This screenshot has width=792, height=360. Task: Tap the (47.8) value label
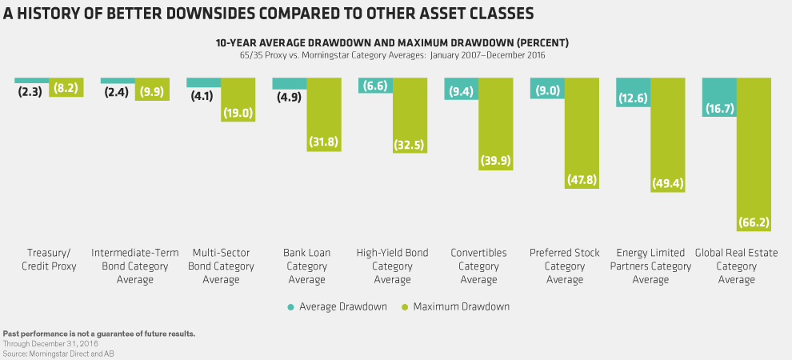coord(582,180)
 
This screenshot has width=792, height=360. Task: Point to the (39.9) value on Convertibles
coord(495,161)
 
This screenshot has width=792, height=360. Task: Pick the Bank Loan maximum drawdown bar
coord(323,112)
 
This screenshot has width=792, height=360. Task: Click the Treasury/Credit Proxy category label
coord(50,259)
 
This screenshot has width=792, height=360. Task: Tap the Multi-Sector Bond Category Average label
coord(221,266)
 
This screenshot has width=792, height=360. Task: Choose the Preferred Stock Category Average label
coord(565,266)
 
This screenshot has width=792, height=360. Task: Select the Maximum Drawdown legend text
coord(461,306)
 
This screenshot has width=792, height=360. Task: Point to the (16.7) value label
coord(719,106)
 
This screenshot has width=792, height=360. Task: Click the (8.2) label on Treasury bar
coord(66,89)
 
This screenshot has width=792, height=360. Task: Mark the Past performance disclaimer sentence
coord(99,333)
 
